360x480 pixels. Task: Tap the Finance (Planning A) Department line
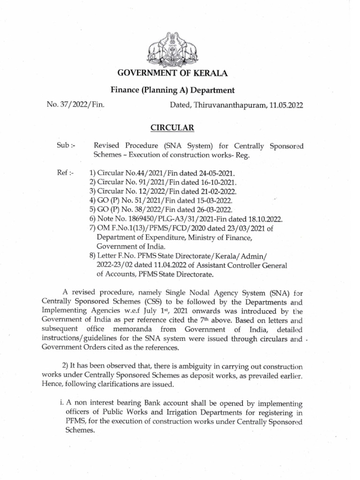pos(172,90)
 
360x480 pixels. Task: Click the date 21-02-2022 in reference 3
pos(216,192)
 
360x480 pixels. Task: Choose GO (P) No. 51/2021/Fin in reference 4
pos(133,201)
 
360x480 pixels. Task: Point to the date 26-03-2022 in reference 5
pos(214,210)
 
